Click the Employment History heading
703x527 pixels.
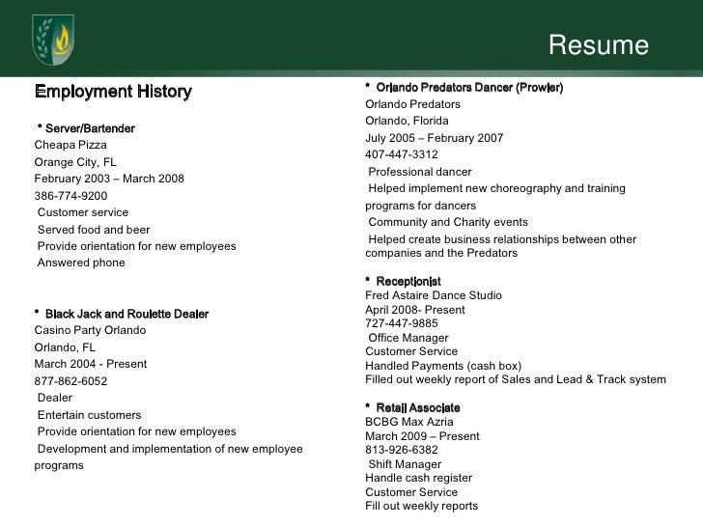pyautogui.click(x=114, y=93)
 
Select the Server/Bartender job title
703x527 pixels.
pyautogui.click(x=86, y=128)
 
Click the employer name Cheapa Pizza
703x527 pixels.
pyautogui.click(x=70, y=145)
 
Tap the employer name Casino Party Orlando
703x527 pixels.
pyautogui.click(x=90, y=330)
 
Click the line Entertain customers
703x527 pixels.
pyautogui.click(x=89, y=414)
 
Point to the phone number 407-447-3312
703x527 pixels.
pyautogui.click(x=402, y=154)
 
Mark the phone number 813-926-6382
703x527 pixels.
pyautogui.click(x=402, y=449)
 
